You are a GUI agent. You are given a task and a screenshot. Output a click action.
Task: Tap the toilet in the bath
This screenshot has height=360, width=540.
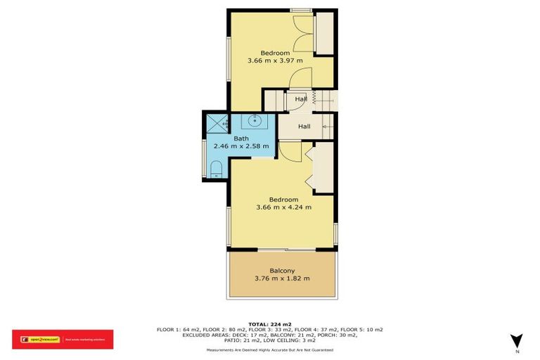217,168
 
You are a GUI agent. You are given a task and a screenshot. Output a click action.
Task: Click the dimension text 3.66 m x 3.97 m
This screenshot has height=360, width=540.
274,61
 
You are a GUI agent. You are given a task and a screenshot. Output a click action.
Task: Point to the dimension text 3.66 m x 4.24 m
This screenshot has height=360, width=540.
283,207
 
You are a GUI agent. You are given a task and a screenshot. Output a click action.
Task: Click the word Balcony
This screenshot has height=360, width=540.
282,271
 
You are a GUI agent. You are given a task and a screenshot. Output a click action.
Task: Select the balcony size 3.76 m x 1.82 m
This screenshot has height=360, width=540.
282,278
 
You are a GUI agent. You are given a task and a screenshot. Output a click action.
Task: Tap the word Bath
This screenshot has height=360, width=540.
241,139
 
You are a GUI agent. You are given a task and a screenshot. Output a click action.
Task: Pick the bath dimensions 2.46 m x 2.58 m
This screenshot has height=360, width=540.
241,146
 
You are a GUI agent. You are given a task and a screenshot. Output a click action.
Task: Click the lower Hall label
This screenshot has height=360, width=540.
304,127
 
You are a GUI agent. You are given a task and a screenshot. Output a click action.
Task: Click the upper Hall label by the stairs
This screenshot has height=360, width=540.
301,99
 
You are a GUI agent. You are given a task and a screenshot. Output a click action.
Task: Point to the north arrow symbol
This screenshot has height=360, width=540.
517,340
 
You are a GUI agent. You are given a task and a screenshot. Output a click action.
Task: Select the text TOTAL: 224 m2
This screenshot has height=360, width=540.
270,324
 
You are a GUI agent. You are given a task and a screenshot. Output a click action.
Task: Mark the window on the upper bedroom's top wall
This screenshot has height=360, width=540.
302,10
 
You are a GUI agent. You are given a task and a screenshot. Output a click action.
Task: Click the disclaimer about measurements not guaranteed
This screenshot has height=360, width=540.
270,350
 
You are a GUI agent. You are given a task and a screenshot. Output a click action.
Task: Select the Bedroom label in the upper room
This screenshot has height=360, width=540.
274,53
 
